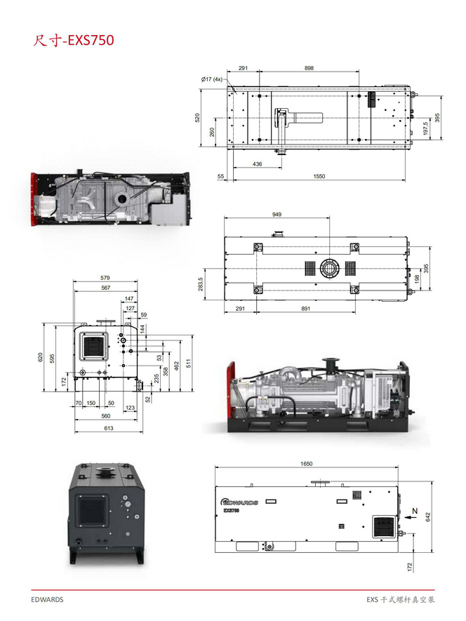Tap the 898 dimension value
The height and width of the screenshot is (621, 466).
[309, 68]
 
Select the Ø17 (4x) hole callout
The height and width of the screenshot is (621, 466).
[212, 79]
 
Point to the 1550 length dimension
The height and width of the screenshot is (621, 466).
[319, 176]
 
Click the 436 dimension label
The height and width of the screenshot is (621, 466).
[257, 164]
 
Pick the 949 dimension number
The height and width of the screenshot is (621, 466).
[277, 214]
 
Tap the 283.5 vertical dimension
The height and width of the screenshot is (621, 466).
[201, 284]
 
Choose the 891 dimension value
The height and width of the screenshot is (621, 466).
[305, 309]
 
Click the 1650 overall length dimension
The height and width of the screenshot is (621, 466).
[306, 464]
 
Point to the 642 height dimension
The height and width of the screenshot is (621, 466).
[427, 517]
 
